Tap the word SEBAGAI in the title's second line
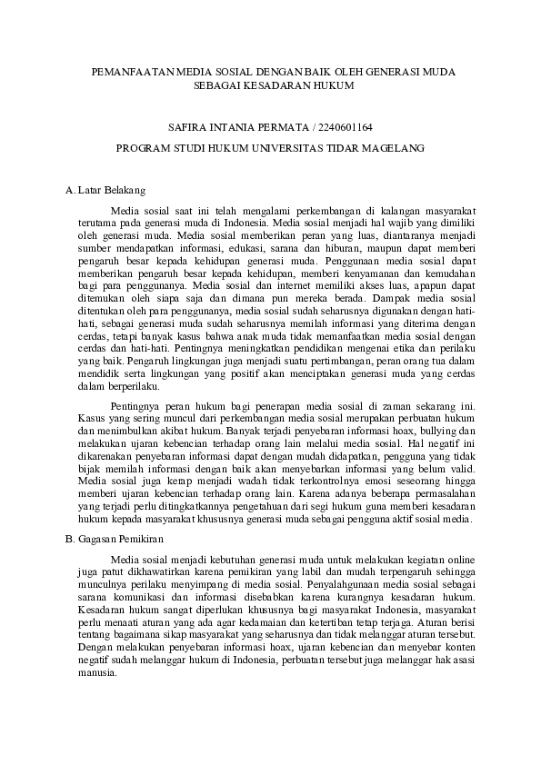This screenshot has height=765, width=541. tap(216, 84)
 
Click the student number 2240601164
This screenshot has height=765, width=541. tap(342, 127)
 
